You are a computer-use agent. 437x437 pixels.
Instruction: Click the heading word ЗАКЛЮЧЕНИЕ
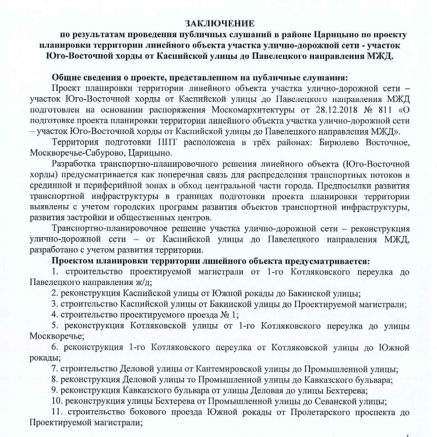point(220,23)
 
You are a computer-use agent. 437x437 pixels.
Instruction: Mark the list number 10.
point(56,401)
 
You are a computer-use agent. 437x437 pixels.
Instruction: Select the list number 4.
point(54,315)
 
